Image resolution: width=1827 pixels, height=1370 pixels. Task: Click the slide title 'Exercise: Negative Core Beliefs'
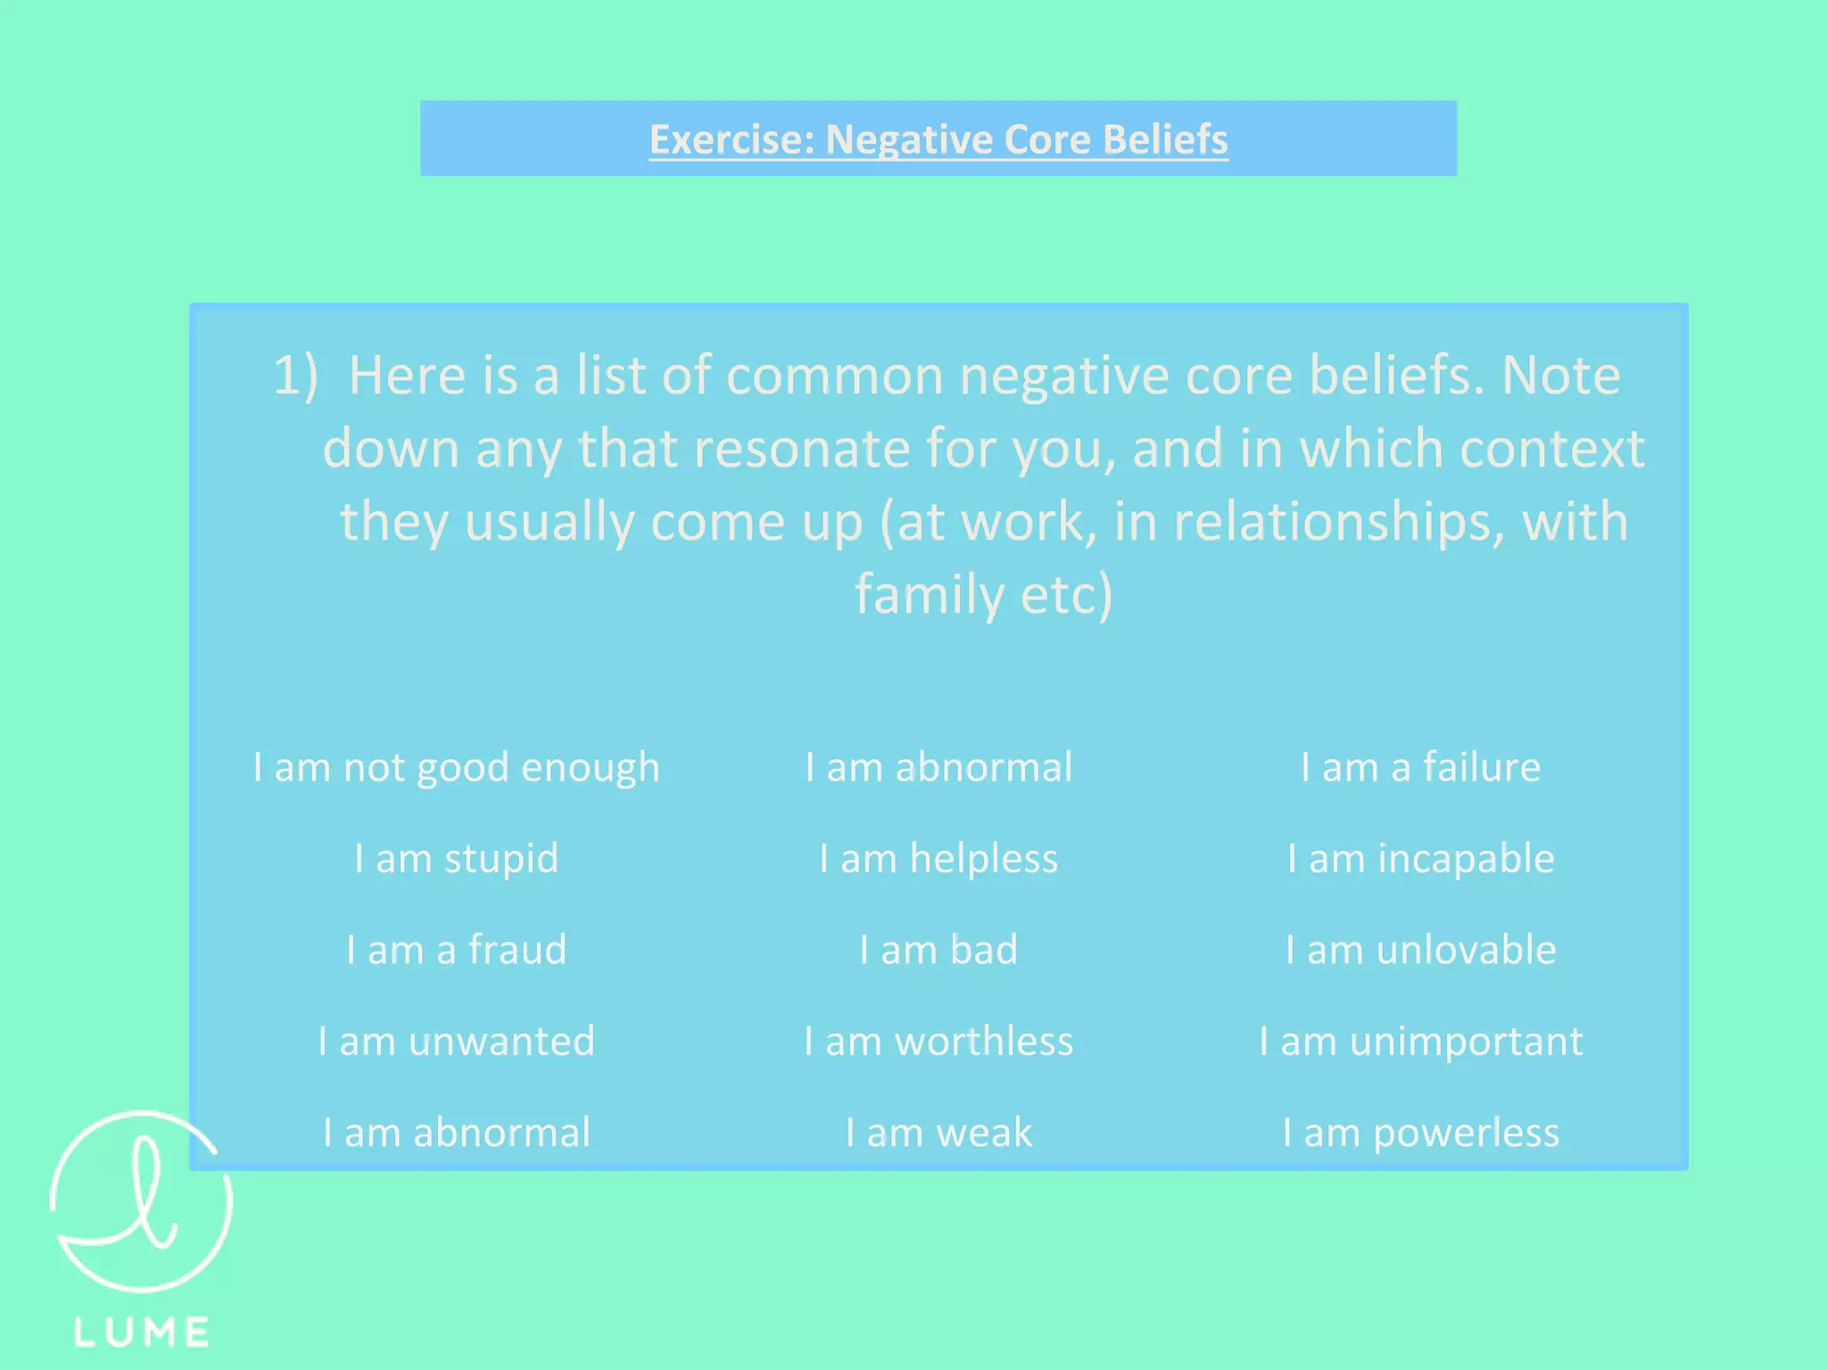938,140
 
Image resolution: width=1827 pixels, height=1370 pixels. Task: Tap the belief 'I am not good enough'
456,768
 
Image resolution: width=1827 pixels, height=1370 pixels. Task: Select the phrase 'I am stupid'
456,859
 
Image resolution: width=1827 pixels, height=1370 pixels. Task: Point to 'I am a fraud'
456,950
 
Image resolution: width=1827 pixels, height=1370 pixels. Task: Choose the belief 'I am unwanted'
456,1042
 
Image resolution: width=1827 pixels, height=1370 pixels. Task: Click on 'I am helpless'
938,859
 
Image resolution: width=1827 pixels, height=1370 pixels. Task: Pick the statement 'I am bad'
938,950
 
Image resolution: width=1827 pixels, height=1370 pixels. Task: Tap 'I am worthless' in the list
938,1042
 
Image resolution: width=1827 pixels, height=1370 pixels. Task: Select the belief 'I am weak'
938,1133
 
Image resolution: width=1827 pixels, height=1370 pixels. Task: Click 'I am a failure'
1420,768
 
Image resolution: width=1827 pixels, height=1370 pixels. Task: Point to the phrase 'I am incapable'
1420,859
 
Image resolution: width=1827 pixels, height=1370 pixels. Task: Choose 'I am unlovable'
1420,950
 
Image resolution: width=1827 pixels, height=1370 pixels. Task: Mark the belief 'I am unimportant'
1420,1042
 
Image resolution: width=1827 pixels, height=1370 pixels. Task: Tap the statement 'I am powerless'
1420,1133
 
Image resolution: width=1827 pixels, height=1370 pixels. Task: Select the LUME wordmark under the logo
142,1333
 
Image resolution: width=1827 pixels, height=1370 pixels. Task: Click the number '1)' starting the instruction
295,376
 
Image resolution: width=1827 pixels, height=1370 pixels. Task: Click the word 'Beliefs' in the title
1165,140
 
